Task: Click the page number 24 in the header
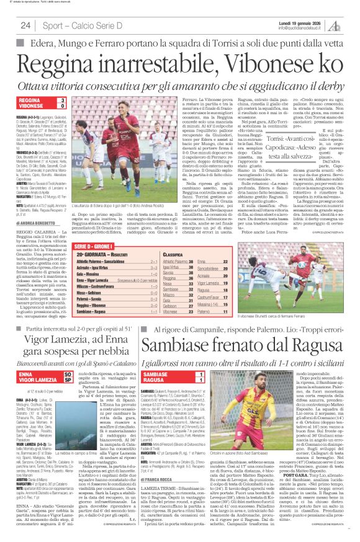(x=25, y=25)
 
